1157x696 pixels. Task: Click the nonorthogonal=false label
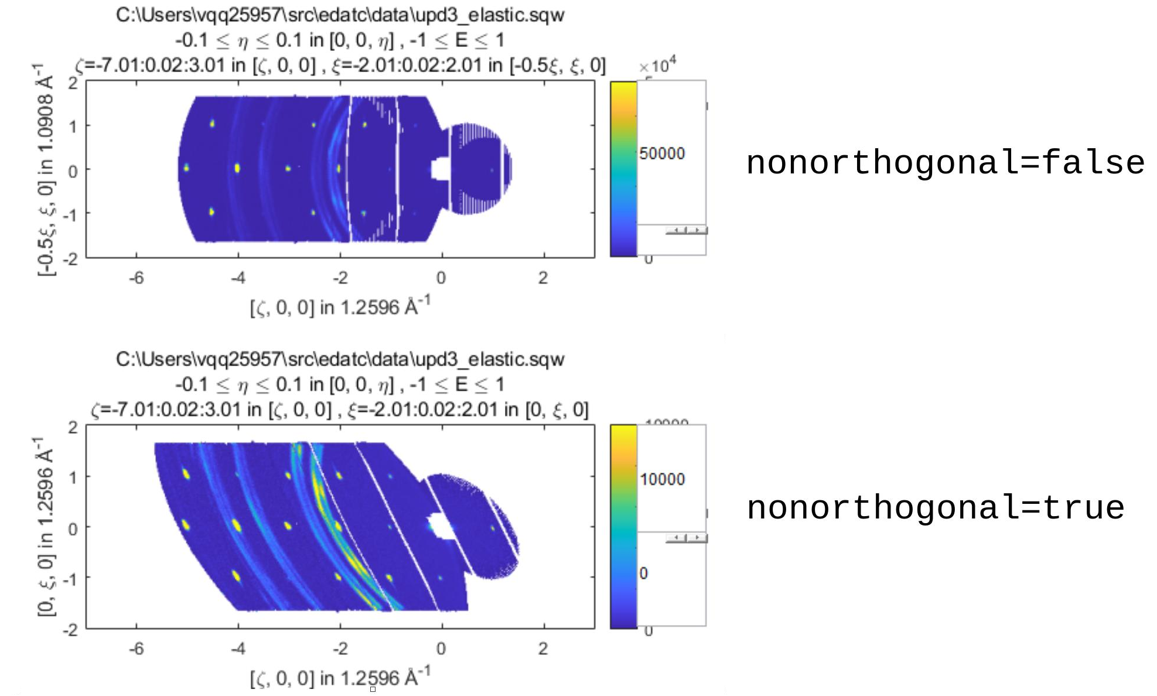(944, 163)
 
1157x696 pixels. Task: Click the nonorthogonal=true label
(935, 507)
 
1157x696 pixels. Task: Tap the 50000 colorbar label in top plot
(662, 153)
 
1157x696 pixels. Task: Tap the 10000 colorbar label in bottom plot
(662, 479)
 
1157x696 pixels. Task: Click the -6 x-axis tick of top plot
(136, 278)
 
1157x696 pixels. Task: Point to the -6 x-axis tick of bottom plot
(136, 649)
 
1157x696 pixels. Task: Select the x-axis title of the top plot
(340, 306)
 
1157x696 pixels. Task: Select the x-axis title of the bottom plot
(340, 678)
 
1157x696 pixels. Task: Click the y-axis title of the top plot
(46, 170)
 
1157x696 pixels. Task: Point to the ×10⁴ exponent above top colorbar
(657, 65)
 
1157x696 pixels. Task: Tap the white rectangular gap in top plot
(440, 169)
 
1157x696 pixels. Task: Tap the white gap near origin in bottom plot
(441, 526)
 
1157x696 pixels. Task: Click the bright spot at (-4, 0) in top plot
(237, 168)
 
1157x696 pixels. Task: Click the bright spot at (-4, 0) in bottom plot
(237, 526)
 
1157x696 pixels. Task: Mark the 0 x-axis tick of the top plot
(441, 278)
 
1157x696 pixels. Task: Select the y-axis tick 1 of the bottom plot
(73, 477)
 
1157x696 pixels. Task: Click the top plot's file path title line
(340, 15)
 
